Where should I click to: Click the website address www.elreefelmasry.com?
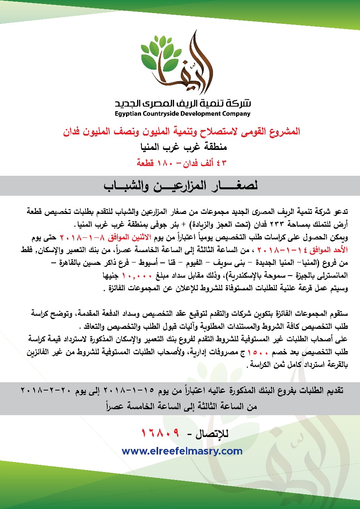click(x=182, y=451)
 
